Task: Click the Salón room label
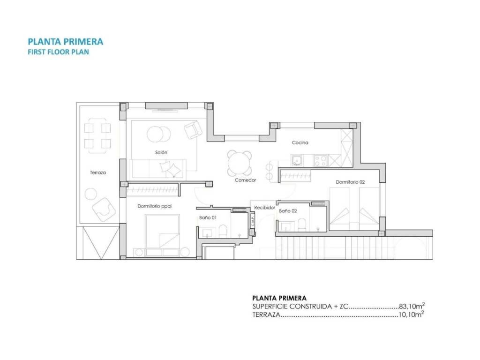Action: [x=161, y=152]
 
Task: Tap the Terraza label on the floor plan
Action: [x=98, y=172]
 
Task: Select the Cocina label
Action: [x=300, y=142]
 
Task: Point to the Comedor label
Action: [x=245, y=180]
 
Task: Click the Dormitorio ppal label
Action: [x=155, y=206]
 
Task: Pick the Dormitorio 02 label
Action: [x=350, y=182]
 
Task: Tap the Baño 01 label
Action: [x=208, y=217]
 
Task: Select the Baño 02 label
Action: [x=288, y=211]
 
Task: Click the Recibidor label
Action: [x=265, y=208]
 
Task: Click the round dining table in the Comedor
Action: [x=240, y=163]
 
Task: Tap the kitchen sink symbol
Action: [x=296, y=160]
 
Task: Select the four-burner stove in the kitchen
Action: [x=320, y=161]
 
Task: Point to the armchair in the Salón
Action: [x=193, y=130]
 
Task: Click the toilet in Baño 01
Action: [x=223, y=232]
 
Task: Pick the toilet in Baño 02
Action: [x=302, y=225]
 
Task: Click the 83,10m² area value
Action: [x=412, y=306]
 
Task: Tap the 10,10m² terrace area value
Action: [x=411, y=315]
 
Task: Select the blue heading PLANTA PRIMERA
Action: [x=66, y=42]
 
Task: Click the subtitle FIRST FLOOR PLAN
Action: [x=59, y=52]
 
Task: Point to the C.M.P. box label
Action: [x=253, y=221]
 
